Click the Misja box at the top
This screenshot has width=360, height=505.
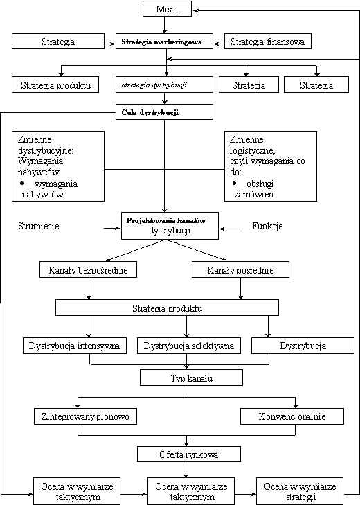coord(167,9)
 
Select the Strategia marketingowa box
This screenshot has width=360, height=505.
coord(164,42)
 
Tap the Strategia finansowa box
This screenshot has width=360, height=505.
coord(268,42)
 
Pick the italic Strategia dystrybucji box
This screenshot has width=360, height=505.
coord(164,85)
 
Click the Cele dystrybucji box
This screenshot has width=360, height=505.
coord(164,112)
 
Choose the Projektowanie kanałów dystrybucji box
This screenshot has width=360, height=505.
coord(170,225)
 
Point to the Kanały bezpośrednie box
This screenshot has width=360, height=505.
coord(88,269)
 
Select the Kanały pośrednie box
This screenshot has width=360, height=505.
coord(240,269)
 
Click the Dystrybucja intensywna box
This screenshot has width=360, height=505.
coord(75,346)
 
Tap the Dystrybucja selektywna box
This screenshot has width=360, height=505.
coord(189,346)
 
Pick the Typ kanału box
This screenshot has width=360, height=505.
coord(191,378)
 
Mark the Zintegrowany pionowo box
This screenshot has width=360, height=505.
coord(85,416)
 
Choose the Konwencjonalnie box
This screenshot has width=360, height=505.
coord(292,416)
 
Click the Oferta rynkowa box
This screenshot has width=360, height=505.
coord(189,454)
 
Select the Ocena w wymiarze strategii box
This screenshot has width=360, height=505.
coord(300,491)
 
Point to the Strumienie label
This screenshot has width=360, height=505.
coord(39,226)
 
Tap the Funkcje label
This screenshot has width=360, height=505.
coord(267,226)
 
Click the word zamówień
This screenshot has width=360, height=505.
coord(254,194)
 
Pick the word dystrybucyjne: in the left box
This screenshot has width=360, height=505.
coord(46,151)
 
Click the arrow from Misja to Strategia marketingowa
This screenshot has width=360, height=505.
coord(165,25)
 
